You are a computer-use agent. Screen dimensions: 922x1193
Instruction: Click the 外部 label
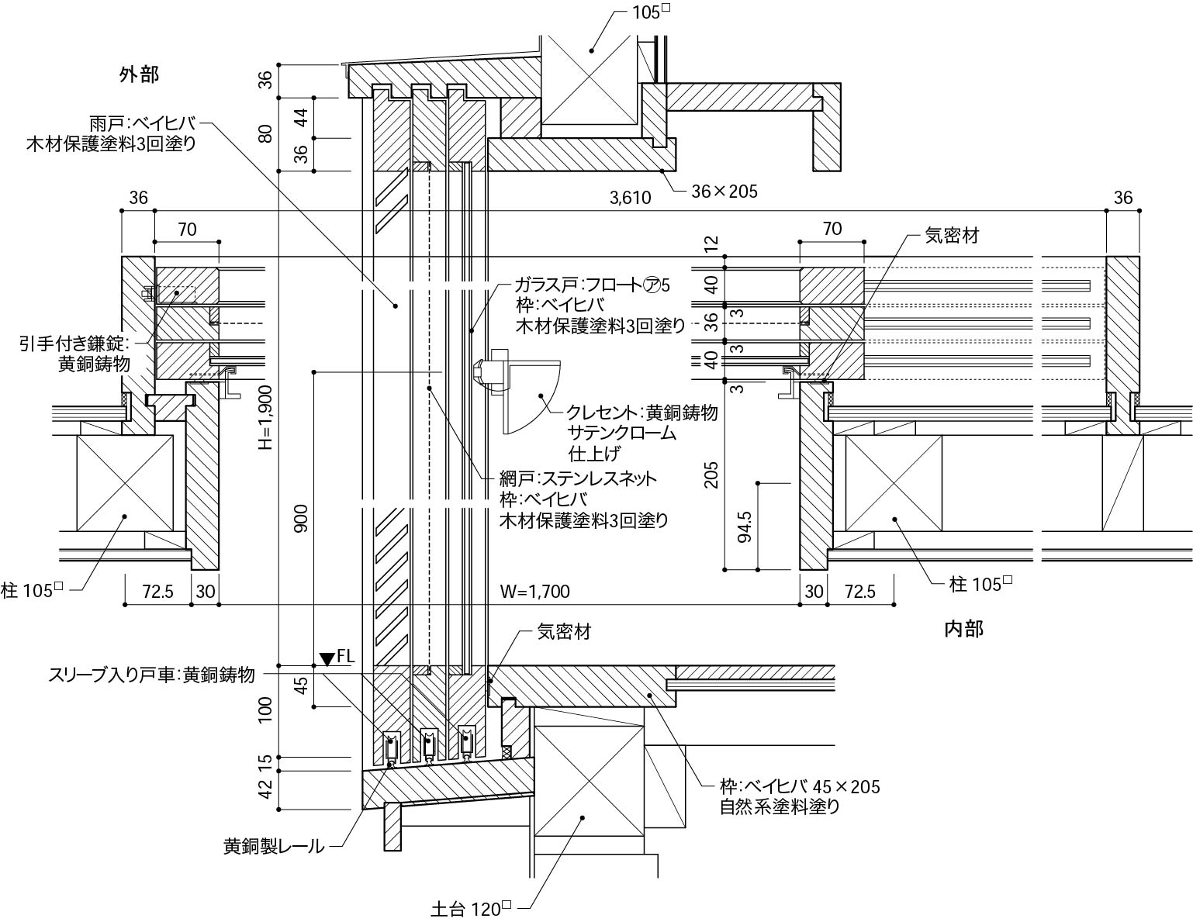[x=139, y=74]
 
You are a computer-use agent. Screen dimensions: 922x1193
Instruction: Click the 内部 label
[x=963, y=629]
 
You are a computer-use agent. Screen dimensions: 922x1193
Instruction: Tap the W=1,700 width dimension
[x=534, y=592]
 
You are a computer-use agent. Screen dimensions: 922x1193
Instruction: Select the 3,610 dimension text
[x=630, y=198]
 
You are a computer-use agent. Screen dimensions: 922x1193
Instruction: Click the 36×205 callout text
[x=724, y=190]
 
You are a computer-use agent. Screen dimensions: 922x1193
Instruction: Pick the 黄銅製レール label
[x=273, y=847]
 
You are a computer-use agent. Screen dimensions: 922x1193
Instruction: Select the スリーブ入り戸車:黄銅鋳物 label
[x=151, y=675]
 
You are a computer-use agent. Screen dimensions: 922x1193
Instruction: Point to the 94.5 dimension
[x=745, y=527]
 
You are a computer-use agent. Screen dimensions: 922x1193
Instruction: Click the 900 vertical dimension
[x=302, y=518]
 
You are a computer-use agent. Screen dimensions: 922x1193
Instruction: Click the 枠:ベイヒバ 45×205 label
[x=800, y=786]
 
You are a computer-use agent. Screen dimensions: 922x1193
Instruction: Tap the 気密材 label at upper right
[x=952, y=235]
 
